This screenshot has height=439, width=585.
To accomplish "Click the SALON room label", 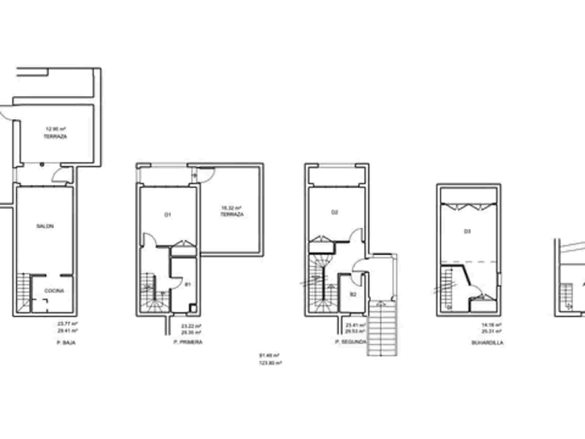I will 45,226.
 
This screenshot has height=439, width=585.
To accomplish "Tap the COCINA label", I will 54,291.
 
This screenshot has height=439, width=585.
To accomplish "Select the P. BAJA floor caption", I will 66,343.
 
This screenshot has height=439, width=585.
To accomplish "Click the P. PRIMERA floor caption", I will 188,342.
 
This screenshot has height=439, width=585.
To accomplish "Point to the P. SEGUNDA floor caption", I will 350,342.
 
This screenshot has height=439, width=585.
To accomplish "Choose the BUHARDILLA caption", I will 487,343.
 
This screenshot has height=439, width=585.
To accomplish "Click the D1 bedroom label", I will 167,215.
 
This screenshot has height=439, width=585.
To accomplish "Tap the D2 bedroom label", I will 334,212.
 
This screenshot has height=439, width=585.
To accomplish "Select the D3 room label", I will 467,231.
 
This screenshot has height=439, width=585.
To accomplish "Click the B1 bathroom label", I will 188,284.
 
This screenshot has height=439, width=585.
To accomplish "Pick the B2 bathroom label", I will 353,294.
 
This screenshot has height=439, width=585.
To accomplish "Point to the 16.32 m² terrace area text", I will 231,208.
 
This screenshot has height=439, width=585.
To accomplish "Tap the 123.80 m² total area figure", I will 271,363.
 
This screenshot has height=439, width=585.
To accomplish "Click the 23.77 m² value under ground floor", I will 68,324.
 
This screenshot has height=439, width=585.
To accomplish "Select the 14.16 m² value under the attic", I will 492,324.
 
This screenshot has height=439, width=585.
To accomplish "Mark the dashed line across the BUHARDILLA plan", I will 475,262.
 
